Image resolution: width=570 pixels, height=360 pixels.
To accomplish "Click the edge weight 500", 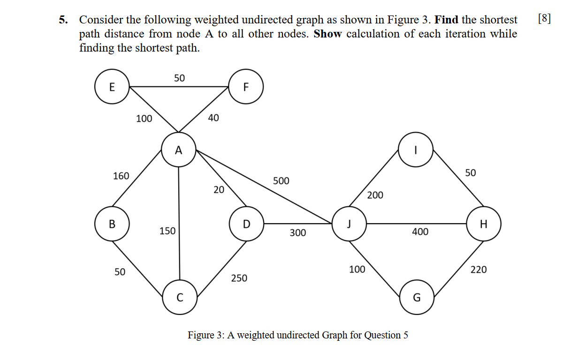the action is (281, 181).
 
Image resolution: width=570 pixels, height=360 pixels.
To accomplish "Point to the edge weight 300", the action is (298, 232).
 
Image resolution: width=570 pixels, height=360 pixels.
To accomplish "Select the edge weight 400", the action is (420, 232).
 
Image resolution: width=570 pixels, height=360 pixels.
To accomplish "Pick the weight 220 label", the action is (479, 270).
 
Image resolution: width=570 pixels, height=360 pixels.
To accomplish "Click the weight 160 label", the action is (121, 176).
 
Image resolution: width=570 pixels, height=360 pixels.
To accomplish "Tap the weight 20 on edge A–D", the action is (219, 190).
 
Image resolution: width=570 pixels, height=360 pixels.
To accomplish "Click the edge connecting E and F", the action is (179, 87).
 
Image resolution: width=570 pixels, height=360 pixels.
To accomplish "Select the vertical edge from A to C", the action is (179, 223).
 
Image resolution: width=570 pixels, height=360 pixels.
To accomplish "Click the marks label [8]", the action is (544, 19).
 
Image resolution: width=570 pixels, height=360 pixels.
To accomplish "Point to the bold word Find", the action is (446, 20).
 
